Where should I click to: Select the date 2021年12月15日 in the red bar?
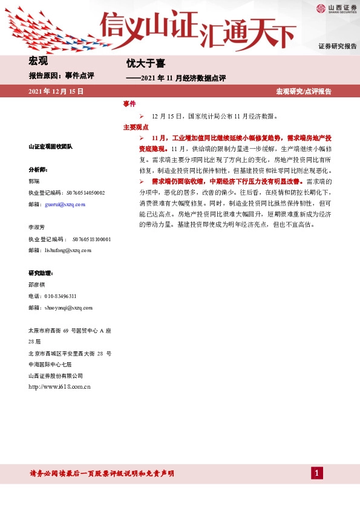(x=56, y=91)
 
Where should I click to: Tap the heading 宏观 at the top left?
(x=38, y=60)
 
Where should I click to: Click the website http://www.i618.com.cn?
(x=59, y=386)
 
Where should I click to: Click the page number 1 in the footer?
(x=316, y=473)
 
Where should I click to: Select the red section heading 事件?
(x=129, y=104)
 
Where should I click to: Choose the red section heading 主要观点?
(x=136, y=128)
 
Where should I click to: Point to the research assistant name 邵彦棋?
(x=37, y=284)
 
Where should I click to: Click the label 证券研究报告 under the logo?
(x=338, y=47)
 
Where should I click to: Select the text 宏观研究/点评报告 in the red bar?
(x=304, y=91)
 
